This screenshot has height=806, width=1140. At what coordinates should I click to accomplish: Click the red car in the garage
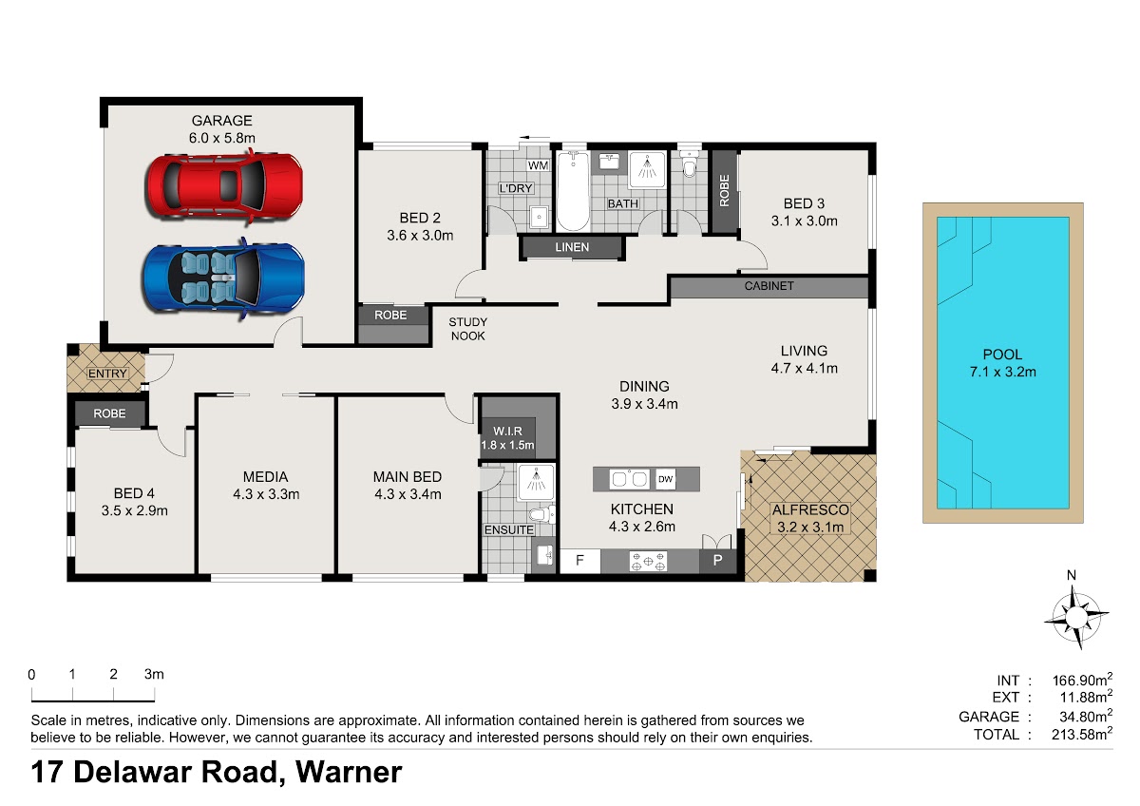click(x=224, y=186)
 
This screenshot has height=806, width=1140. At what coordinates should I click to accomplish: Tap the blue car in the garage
click(x=224, y=278)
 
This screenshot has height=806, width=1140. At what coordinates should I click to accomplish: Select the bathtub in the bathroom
click(x=573, y=191)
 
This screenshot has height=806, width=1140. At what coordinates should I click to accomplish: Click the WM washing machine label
click(x=538, y=165)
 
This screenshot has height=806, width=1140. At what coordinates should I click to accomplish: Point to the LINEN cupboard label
click(x=572, y=247)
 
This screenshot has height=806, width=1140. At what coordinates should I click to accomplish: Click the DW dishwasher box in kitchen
click(x=665, y=479)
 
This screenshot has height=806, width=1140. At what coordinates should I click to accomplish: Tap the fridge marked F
click(x=579, y=561)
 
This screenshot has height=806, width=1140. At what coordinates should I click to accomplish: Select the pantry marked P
click(x=717, y=561)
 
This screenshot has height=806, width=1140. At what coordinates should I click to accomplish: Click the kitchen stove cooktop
click(x=648, y=561)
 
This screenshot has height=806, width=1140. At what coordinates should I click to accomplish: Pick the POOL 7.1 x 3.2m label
click(x=1002, y=363)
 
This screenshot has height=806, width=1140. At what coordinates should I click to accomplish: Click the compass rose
click(x=1074, y=617)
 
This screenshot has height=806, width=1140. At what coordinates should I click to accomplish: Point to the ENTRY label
click(x=107, y=374)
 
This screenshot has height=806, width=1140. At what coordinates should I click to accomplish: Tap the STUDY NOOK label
click(x=467, y=329)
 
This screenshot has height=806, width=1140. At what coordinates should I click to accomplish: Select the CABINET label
click(x=769, y=286)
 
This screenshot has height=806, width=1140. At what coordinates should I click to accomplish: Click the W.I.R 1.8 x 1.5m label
click(x=507, y=438)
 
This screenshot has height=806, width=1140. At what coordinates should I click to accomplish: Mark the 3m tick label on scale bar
click(x=154, y=675)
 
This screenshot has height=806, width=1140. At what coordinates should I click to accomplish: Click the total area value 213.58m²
click(x=1082, y=734)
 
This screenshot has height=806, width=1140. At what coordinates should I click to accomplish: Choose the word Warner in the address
click(x=349, y=773)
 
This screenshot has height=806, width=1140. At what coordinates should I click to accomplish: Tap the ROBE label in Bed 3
click(x=724, y=191)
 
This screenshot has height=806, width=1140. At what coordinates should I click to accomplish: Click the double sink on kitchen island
click(x=629, y=479)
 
